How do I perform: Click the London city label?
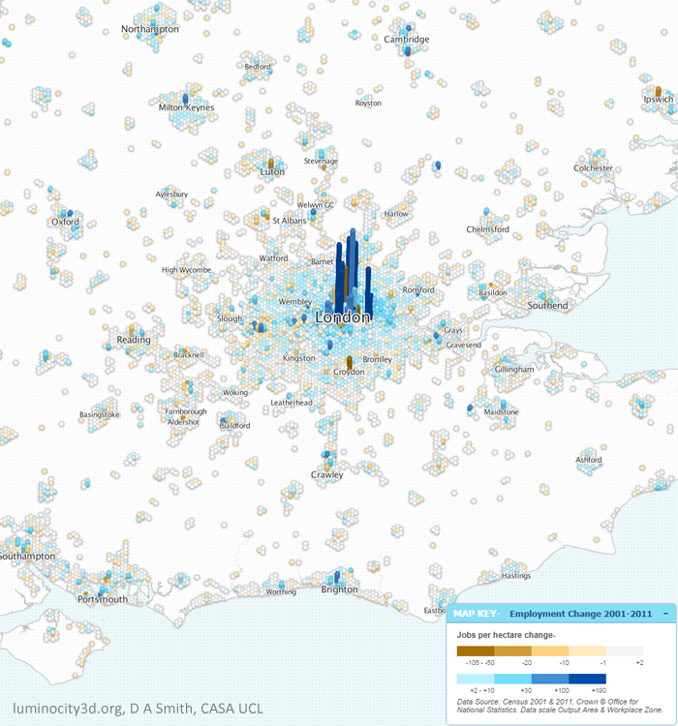tap(344, 318)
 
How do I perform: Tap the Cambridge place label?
tap(406, 40)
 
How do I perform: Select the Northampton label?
tap(150, 30)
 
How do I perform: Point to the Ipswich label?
tap(659, 100)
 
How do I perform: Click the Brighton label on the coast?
tap(339, 590)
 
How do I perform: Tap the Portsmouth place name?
tap(102, 599)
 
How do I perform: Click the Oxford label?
tap(65, 222)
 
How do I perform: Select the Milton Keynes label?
tap(186, 107)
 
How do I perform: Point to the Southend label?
tap(548, 306)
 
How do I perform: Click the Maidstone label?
tap(501, 412)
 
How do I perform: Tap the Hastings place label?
tap(516, 576)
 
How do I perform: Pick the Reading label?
tap(134, 340)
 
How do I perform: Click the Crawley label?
tap(327, 475)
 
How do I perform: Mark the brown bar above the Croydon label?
tap(349, 360)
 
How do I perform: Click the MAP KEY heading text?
tap(476, 615)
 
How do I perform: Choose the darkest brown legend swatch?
tap(476, 652)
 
